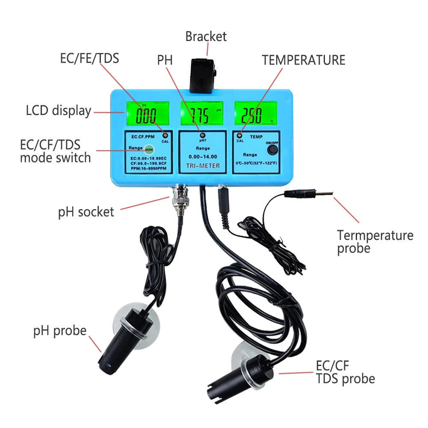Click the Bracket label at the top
click(206, 36)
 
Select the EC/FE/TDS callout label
click(89, 59)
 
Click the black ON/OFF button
click(272, 150)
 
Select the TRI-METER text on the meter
click(202, 165)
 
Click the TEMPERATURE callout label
click(304, 60)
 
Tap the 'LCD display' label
click(59, 111)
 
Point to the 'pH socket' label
click(86, 212)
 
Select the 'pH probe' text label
click(60, 331)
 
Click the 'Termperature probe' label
click(375, 242)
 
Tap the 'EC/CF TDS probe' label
click(345, 372)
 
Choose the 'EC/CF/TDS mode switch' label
click(56, 151)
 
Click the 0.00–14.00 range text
click(202, 156)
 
